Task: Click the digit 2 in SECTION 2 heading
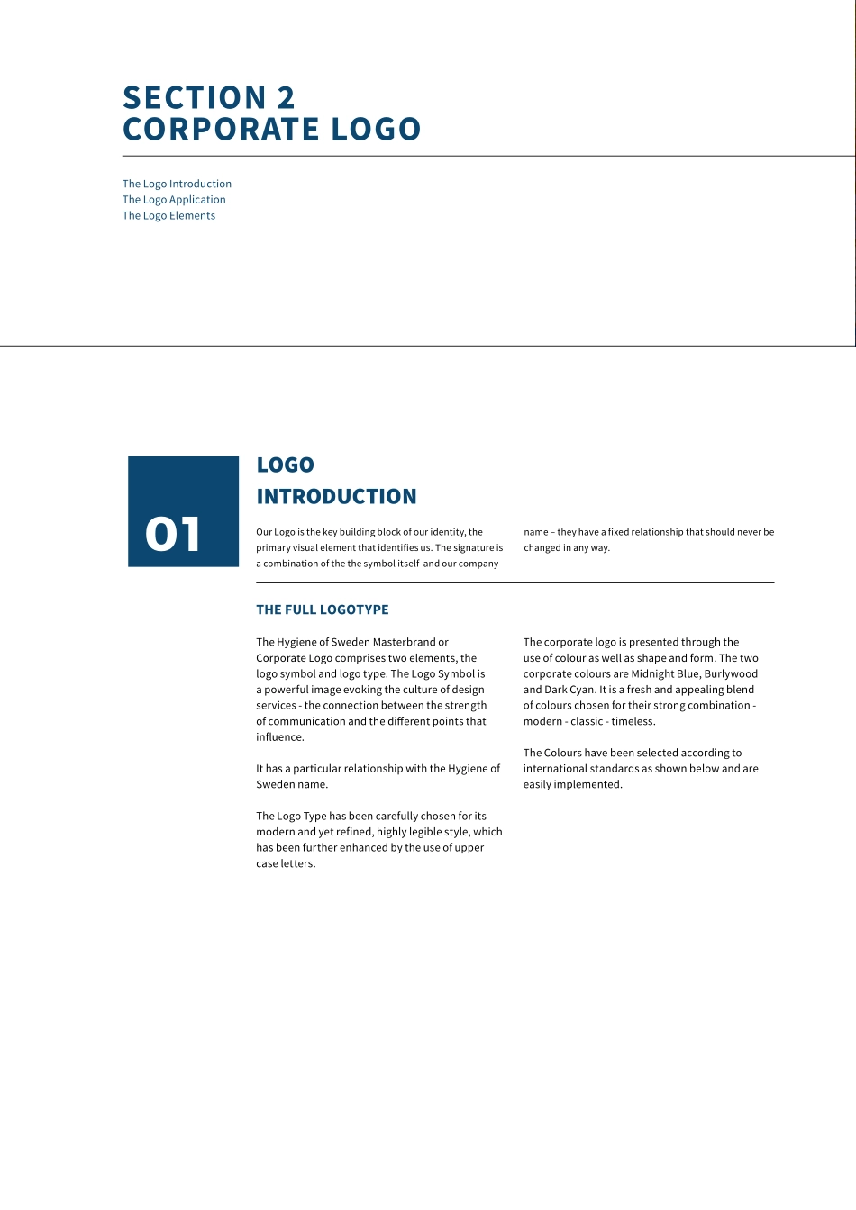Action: pos(285,97)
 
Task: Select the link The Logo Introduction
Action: pos(177,184)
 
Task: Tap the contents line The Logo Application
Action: pos(174,200)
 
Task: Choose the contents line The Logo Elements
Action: pos(168,215)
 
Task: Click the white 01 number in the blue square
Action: pos(173,534)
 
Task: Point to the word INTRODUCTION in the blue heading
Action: pos(336,496)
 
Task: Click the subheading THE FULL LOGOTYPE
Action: pos(323,610)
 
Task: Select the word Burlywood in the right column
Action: pos(731,673)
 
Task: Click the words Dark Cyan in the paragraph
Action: pos(569,690)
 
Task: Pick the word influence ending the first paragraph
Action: pos(279,737)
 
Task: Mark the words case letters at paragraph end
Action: pos(286,863)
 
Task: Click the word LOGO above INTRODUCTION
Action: pos(285,465)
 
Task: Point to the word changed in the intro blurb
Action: pos(543,547)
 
